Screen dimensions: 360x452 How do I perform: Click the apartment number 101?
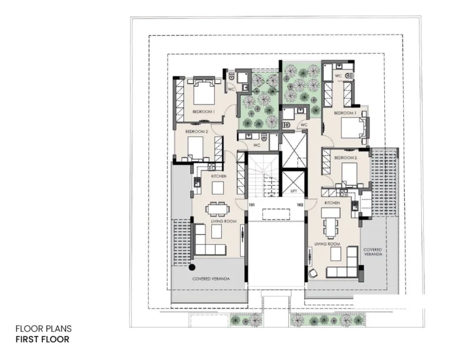click(x=251, y=205)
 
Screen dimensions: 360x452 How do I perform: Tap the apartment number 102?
click(x=300, y=205)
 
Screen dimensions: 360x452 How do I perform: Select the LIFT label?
click(x=293, y=192)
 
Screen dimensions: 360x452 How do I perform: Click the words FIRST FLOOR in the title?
click(x=42, y=339)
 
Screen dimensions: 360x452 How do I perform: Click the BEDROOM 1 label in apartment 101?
click(x=203, y=112)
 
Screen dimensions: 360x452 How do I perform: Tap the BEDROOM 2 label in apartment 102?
click(x=345, y=158)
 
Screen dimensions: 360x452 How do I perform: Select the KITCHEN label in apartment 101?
click(x=219, y=176)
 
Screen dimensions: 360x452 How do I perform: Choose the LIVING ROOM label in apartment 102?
click(x=327, y=244)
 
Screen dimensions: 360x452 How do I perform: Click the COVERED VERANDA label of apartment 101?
click(x=211, y=279)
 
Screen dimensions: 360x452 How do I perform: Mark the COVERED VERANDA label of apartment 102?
click(x=373, y=252)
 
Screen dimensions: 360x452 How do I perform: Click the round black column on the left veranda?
click(x=192, y=266)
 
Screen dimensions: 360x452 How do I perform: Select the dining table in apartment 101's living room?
click(x=217, y=208)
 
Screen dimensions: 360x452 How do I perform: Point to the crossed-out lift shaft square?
click(x=293, y=151)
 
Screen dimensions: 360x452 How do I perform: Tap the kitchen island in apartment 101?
click(x=218, y=187)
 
